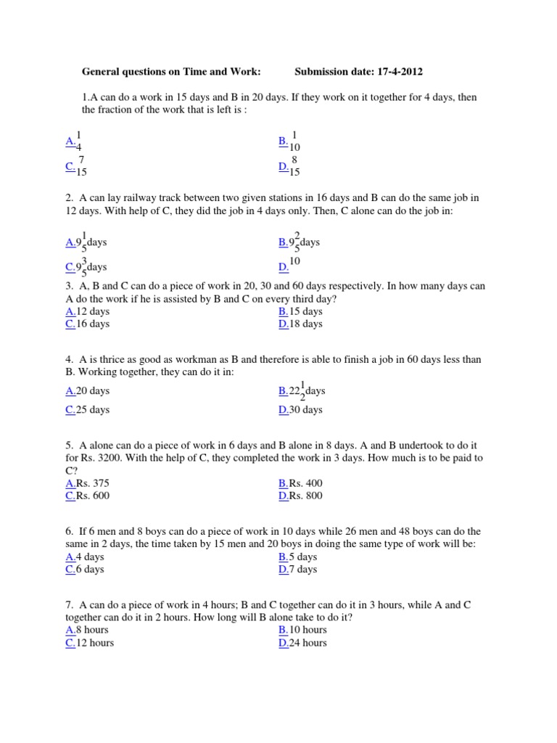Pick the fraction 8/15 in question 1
click(294, 166)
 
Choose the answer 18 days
click(305, 324)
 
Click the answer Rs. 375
click(93, 483)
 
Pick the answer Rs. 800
click(305, 496)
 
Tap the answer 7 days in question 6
click(303, 569)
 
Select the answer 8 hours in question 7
click(92, 630)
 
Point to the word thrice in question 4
click(117, 359)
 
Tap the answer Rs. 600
click(93, 496)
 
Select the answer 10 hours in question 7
click(308, 630)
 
